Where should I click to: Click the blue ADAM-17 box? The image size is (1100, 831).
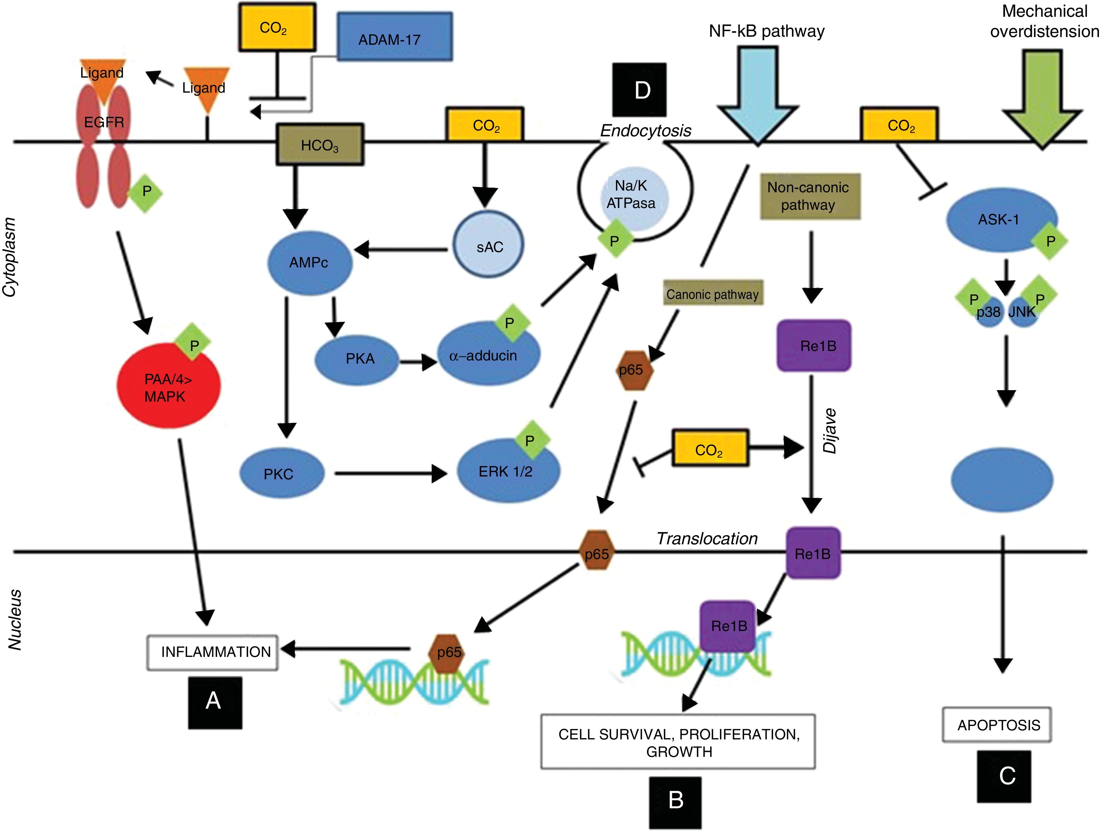(395, 37)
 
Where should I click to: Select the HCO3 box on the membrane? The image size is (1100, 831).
(320, 145)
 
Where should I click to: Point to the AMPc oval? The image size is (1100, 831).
(309, 263)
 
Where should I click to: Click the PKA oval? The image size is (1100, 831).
(357, 359)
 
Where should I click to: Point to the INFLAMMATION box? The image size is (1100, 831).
(212, 652)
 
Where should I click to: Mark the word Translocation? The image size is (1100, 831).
(707, 539)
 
